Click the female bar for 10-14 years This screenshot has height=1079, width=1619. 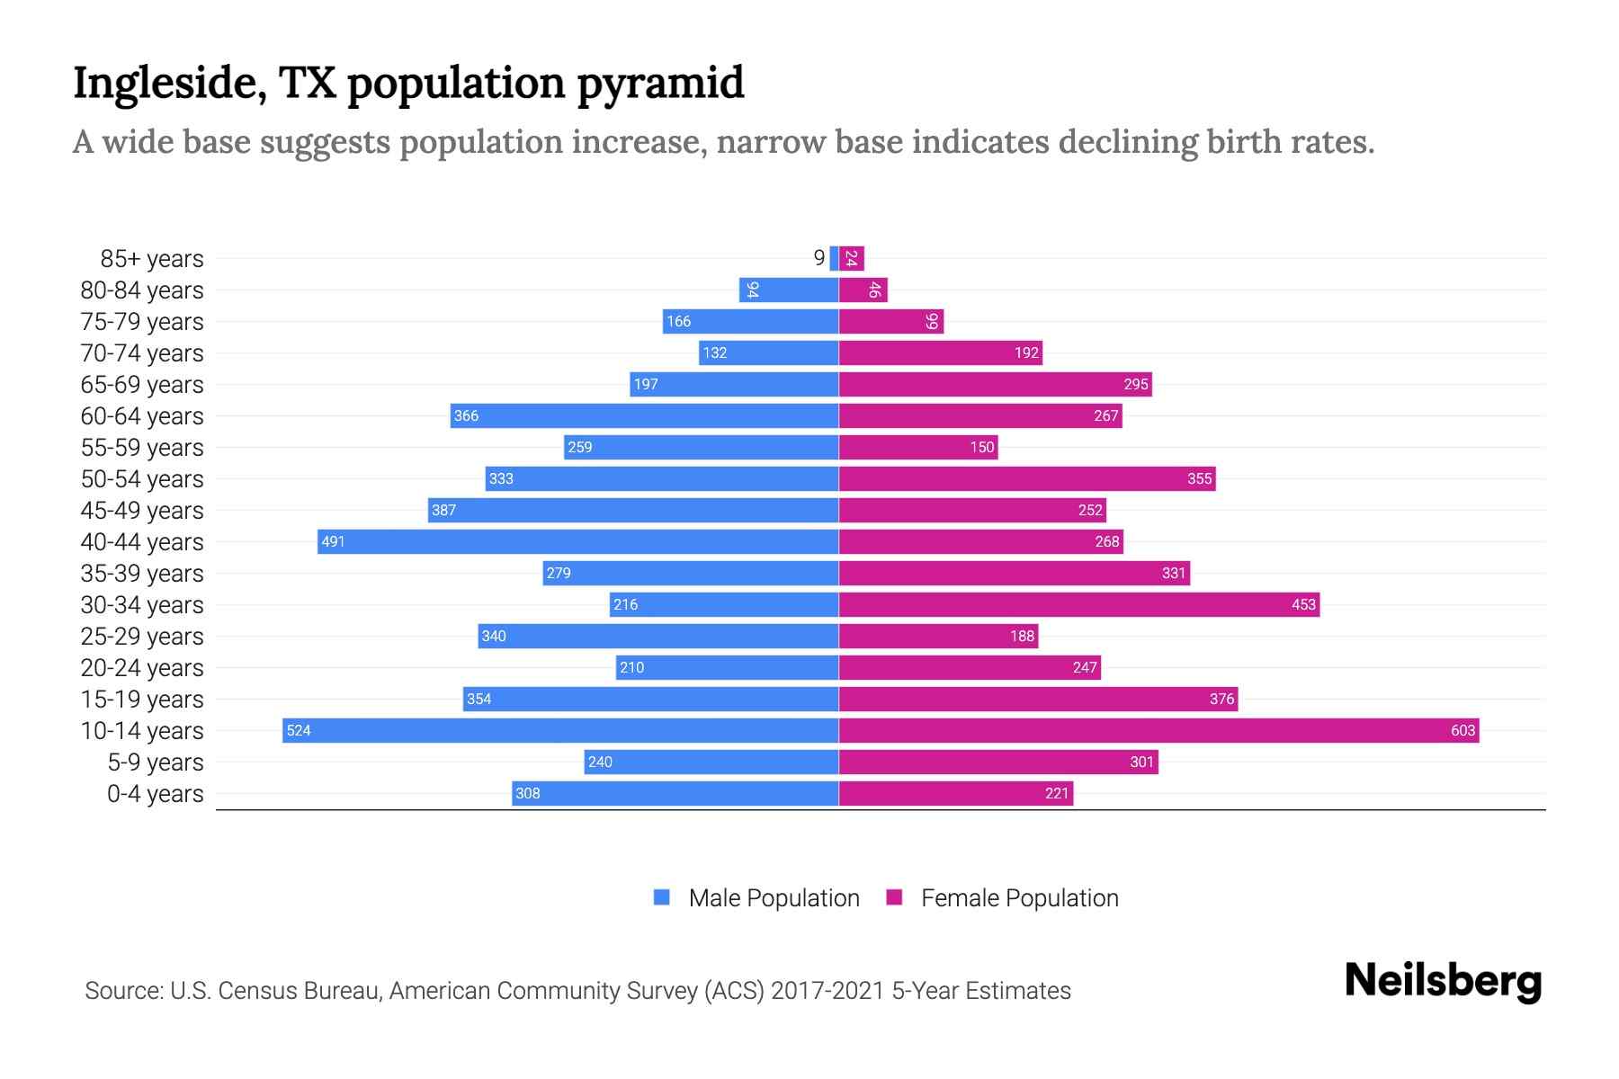click(1158, 730)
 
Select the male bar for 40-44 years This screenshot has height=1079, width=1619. click(578, 541)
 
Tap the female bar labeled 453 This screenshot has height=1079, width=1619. click(1079, 604)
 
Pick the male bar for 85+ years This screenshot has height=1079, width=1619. click(834, 258)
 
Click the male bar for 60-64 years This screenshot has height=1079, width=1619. click(644, 415)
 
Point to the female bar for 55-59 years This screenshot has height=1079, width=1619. click(918, 447)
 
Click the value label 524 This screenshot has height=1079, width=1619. click(299, 730)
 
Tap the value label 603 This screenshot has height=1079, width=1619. click(1462, 730)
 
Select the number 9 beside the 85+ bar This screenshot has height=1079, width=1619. click(818, 258)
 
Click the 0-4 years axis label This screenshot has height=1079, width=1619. click(155, 794)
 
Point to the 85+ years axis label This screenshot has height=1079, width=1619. click(151, 259)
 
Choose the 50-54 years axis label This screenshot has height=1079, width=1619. click(142, 479)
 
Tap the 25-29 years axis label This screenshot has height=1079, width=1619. click(142, 637)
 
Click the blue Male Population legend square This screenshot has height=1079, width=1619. click(662, 897)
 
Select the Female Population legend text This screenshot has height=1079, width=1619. click(1019, 898)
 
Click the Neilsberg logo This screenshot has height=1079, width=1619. click(1443, 981)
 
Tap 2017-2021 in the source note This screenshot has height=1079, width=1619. click(827, 991)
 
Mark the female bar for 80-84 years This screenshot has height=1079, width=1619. click(863, 290)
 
